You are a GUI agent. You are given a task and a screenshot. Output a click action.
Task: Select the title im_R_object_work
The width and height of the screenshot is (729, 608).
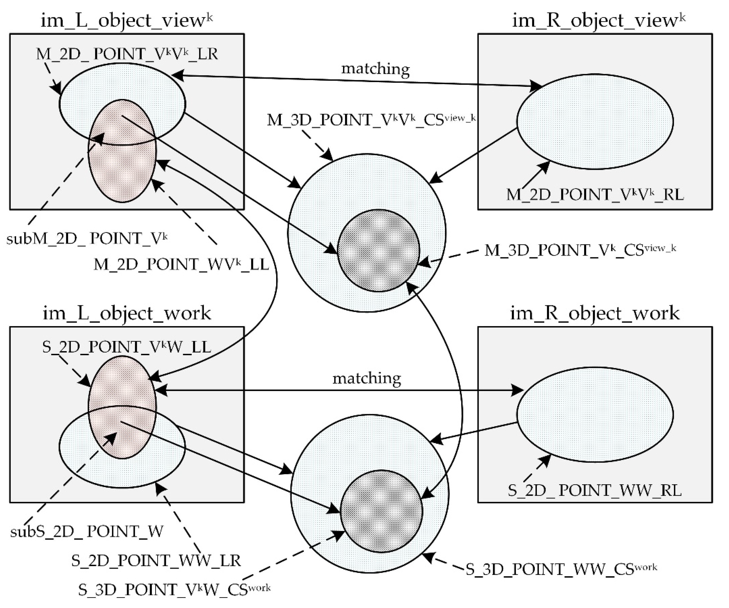coord(595,313)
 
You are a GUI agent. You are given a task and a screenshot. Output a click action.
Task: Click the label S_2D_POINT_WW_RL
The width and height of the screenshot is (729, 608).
coord(595,490)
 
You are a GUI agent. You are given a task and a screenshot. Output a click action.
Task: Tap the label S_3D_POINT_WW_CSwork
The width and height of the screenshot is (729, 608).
coord(561,569)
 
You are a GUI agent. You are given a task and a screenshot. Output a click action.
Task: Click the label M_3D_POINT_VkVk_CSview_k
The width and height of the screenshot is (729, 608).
coord(371,120)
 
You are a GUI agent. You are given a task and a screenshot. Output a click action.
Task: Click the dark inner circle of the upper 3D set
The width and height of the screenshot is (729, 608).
coord(378,250)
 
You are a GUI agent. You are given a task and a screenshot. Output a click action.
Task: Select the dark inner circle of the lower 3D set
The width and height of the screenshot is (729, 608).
coord(381,511)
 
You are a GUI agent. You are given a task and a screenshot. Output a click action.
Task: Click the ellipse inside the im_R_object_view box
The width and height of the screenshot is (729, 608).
coord(595,122)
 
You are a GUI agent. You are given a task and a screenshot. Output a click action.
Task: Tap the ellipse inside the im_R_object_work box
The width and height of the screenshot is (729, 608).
coord(595,414)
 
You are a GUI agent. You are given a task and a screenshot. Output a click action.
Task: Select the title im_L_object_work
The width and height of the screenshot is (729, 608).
coord(127,313)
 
